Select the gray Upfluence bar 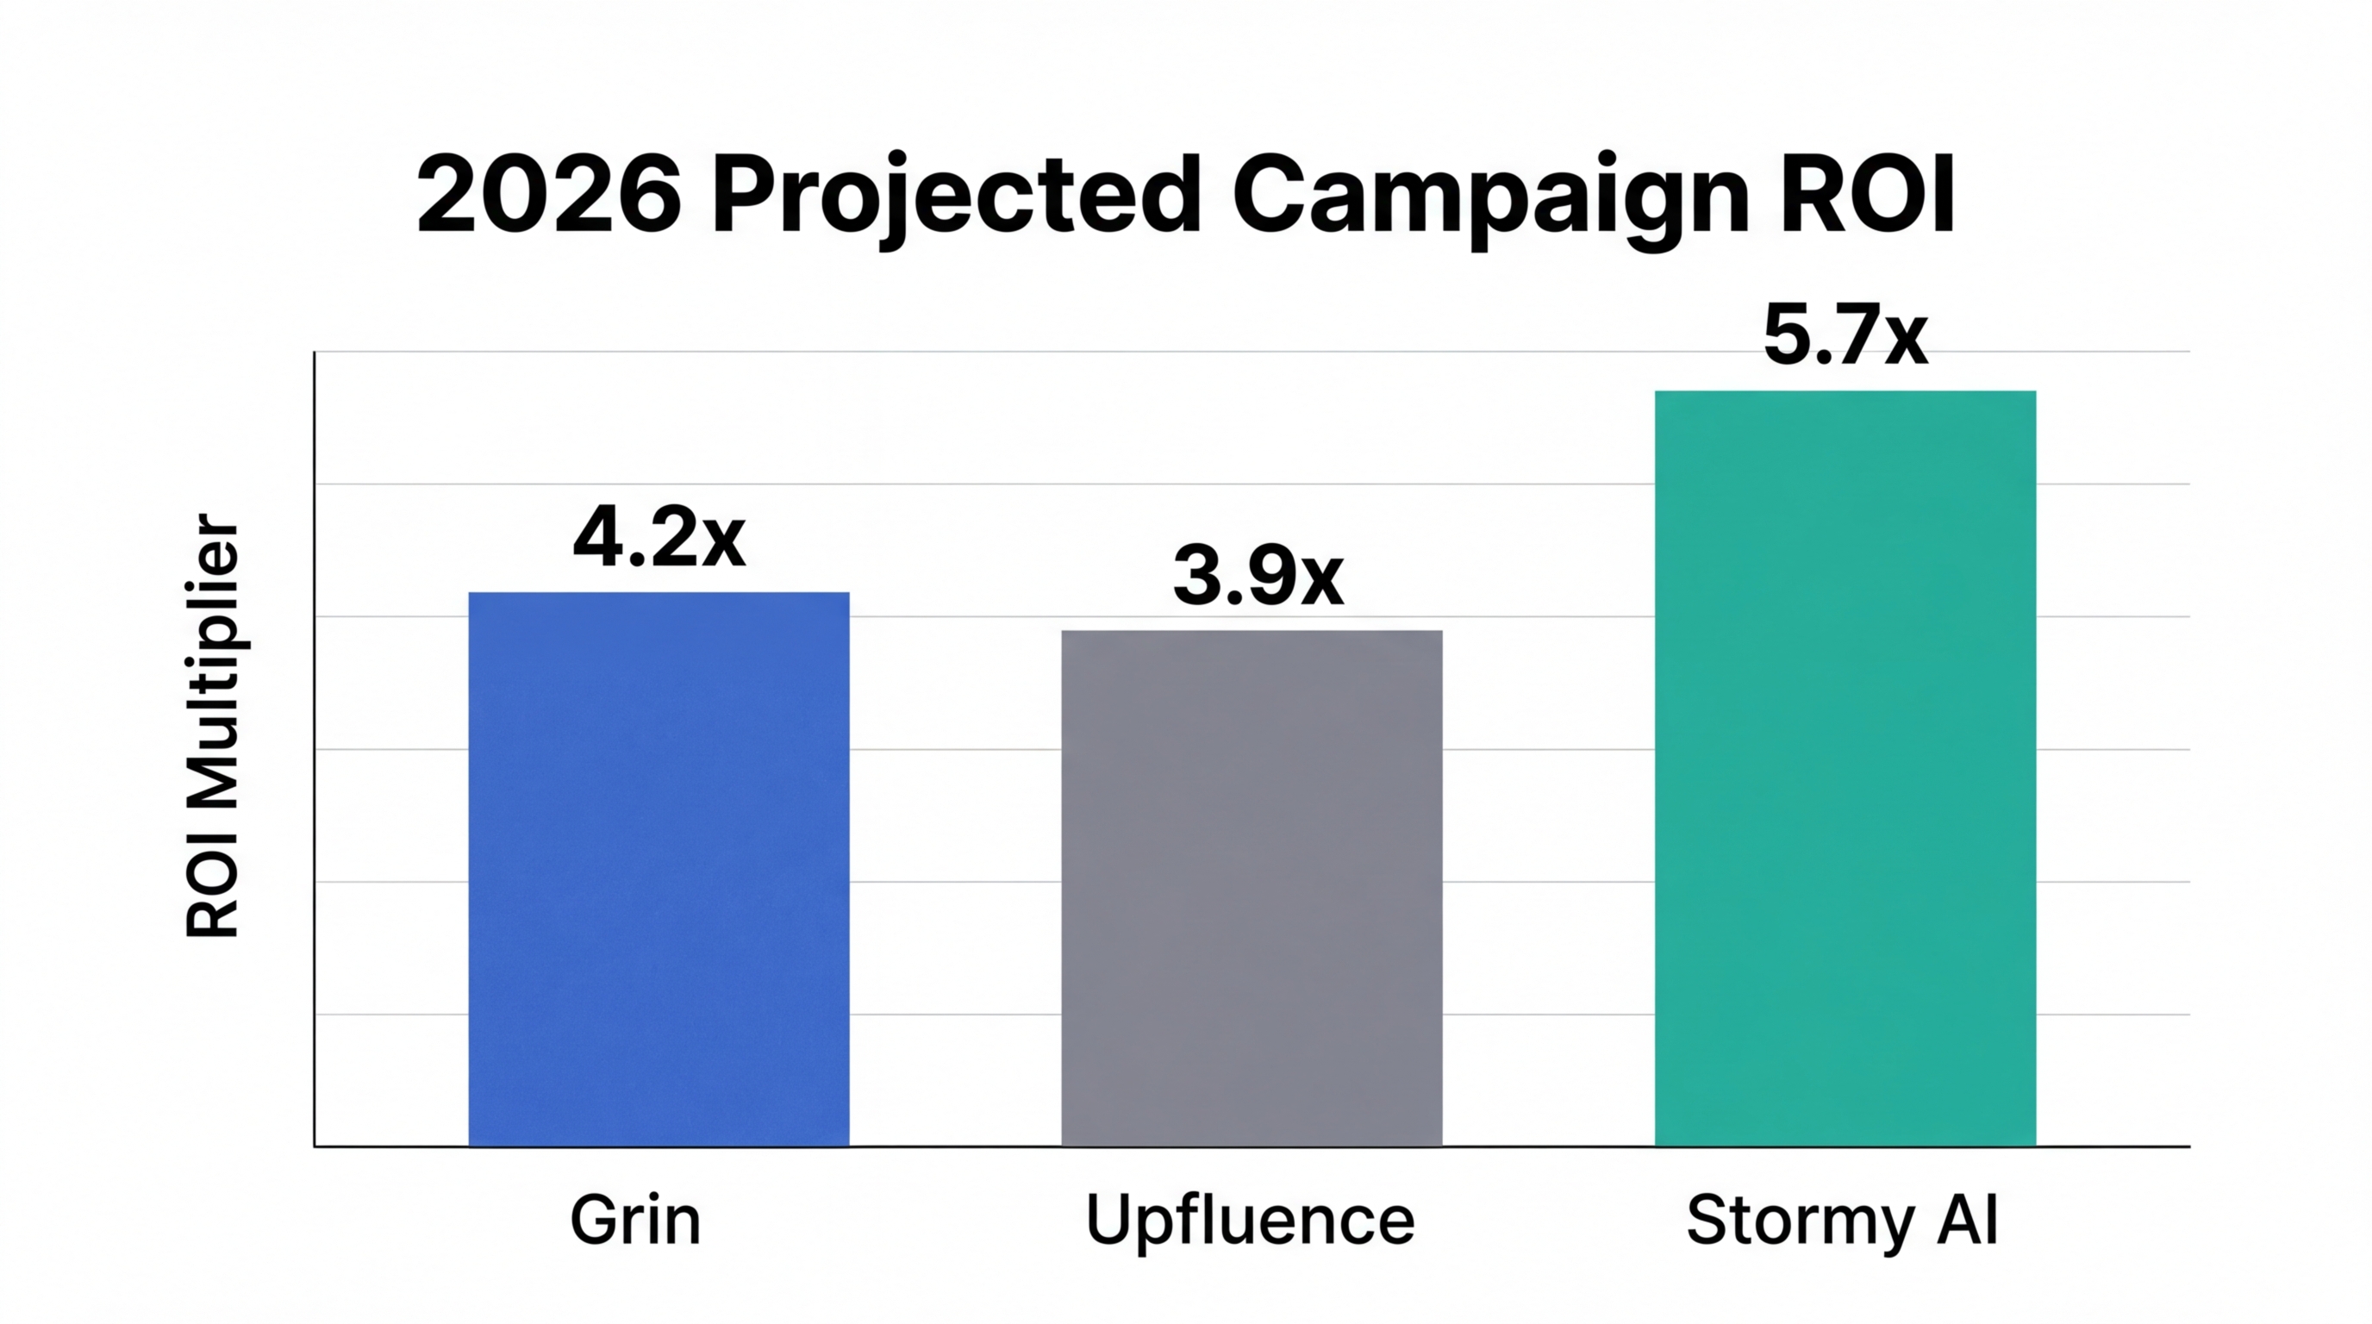point(1252,888)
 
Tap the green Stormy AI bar point(1845,768)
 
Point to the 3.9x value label point(1258,578)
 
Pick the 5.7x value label point(1845,336)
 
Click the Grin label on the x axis point(634,1221)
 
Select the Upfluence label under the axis point(1250,1221)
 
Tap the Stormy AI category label point(1842,1221)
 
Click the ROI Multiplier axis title point(213,728)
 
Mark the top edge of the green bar point(1845,392)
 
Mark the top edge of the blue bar point(659,593)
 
